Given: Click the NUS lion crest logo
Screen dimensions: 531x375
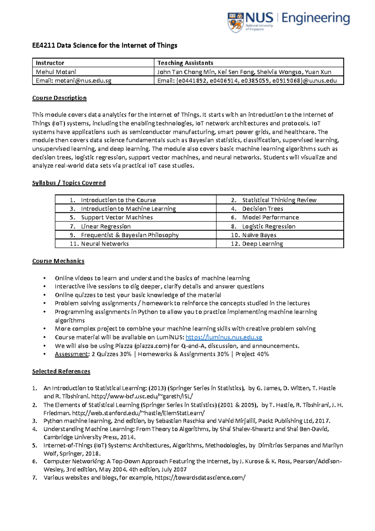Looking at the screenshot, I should tap(236, 22).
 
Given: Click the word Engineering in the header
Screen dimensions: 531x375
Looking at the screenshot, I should tap(316, 18).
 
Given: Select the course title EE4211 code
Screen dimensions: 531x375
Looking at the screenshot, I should tap(43, 46).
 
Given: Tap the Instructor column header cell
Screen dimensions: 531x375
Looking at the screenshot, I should tap(93, 63).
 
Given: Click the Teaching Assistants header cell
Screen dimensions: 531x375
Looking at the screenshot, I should tap(248, 63).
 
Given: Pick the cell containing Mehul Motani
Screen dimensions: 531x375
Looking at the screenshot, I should tap(93, 72).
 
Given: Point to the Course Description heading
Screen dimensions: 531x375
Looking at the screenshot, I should tap(59, 98).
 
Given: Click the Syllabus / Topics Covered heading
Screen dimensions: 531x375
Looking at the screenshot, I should tap(69, 183).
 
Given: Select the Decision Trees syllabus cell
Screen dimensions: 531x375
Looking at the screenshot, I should tap(280, 209).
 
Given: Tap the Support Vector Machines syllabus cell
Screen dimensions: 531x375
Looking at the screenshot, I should tap(135, 217).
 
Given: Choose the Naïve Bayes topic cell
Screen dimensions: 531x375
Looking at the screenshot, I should tap(280, 235).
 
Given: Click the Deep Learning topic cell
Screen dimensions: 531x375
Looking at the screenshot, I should tap(280, 244).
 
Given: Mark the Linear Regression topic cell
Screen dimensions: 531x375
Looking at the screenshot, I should tap(135, 226).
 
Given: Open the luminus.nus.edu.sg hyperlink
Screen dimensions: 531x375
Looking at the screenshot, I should tap(224, 337).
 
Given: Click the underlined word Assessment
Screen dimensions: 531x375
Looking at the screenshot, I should tap(72, 354).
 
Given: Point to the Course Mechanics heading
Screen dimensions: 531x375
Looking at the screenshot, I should tap(58, 261).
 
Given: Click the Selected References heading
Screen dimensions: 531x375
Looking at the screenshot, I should tap(61, 371).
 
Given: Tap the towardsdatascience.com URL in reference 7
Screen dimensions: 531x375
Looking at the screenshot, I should tap(200, 478).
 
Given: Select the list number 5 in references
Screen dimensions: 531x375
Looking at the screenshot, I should tap(34, 445).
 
